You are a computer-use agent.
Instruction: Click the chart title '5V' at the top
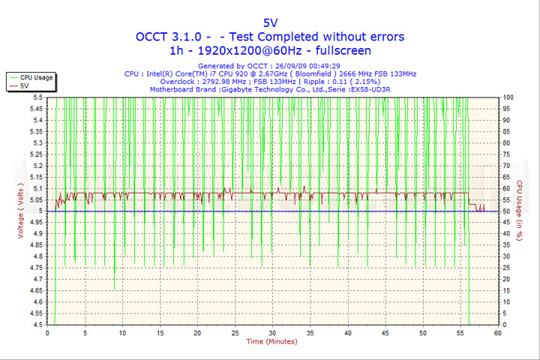click(269, 22)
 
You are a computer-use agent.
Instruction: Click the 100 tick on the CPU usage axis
click(508, 97)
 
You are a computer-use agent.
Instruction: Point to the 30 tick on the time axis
click(272, 332)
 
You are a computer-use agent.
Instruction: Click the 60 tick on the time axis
click(497, 332)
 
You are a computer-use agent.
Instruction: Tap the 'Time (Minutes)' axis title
click(271, 342)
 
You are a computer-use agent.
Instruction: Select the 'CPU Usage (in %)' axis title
click(519, 211)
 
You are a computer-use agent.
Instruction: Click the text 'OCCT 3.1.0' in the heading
click(166, 37)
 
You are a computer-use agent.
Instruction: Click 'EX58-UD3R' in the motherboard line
click(379, 89)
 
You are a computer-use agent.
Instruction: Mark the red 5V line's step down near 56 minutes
click(469, 199)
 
